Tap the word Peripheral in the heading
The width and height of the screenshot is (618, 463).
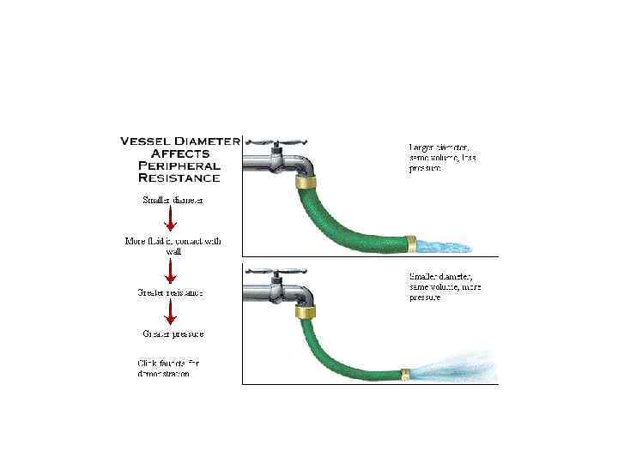point(178,165)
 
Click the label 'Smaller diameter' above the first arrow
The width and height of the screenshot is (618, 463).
point(172,201)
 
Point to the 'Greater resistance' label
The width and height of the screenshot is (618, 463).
point(170,292)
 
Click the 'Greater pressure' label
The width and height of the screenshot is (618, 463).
point(173,334)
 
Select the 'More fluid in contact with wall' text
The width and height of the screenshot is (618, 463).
point(173,246)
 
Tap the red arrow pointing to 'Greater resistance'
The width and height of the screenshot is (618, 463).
point(171,270)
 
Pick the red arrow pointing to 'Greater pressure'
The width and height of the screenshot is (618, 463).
point(171,312)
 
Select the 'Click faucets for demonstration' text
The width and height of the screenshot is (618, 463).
point(169,369)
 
